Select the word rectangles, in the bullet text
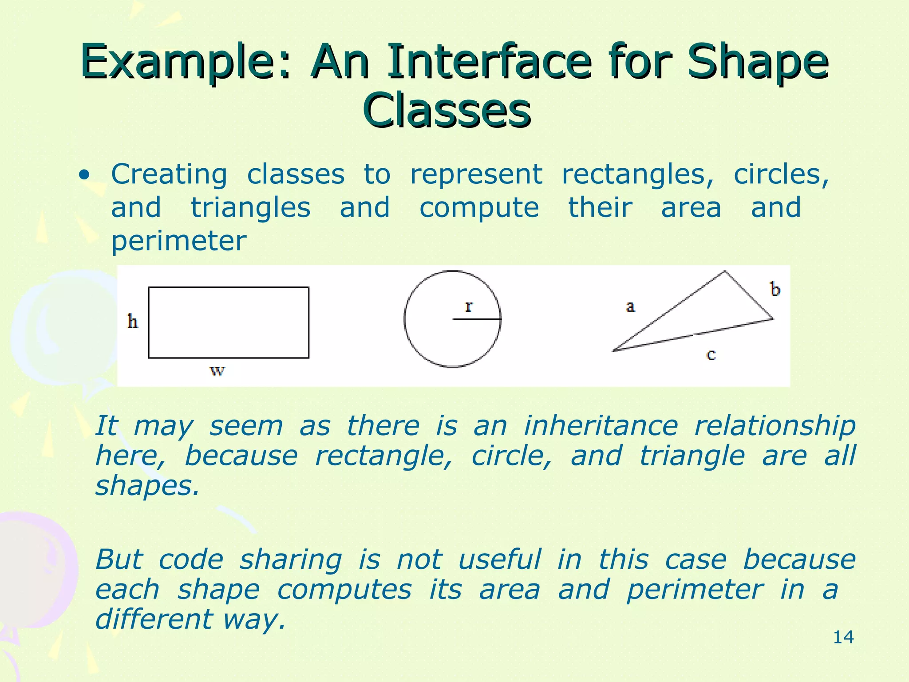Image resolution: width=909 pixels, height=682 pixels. pyautogui.click(x=637, y=174)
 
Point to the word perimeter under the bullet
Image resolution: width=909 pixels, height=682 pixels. pyautogui.click(x=178, y=241)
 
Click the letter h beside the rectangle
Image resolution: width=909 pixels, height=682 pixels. pyautogui.click(x=132, y=321)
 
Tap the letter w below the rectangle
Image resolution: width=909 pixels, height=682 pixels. pyautogui.click(x=217, y=370)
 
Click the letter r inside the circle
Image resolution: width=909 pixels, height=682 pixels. pyautogui.click(x=469, y=306)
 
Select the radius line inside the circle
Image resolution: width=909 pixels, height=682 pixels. pyautogui.click(x=477, y=319)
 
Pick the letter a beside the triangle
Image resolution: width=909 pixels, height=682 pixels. pyautogui.click(x=630, y=306)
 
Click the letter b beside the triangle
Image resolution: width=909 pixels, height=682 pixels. pyautogui.click(x=775, y=289)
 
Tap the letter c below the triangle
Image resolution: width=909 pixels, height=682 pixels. pyautogui.click(x=711, y=354)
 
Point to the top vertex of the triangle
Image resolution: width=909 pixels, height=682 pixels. pyautogui.click(x=725, y=271)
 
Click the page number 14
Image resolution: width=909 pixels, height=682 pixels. pyautogui.click(x=843, y=637)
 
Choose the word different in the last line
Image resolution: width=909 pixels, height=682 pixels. pyautogui.click(x=154, y=619)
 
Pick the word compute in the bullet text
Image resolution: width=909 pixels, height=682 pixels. pyautogui.click(x=479, y=208)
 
